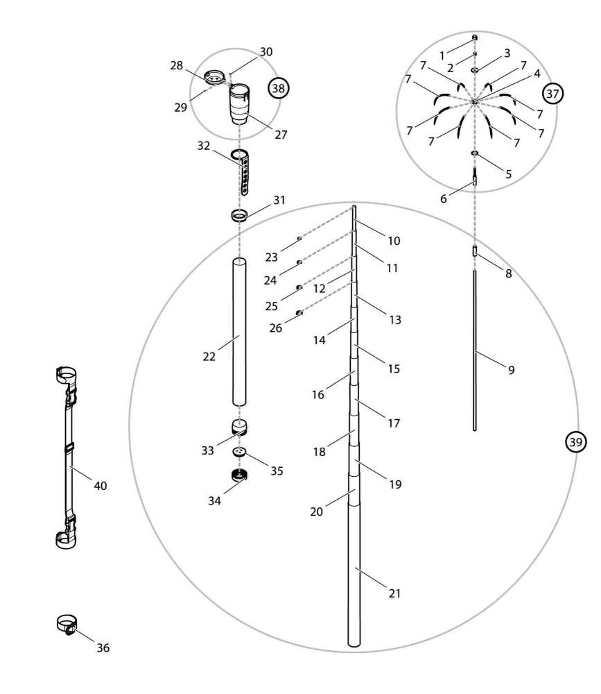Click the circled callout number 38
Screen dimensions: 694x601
pos(279,88)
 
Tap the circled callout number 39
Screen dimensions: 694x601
pos(576,441)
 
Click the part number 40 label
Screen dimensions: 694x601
pos(101,486)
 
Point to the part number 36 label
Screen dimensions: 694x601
pos(103,648)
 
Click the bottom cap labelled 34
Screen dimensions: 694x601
pos(240,475)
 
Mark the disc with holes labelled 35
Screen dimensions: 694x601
pos(240,452)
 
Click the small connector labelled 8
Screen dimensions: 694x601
pos(475,251)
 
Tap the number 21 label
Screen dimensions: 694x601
pos(395,593)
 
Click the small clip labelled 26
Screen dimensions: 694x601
pos(299,313)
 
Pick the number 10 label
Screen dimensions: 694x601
pos(394,241)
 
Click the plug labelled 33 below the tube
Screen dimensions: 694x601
pos(239,426)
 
